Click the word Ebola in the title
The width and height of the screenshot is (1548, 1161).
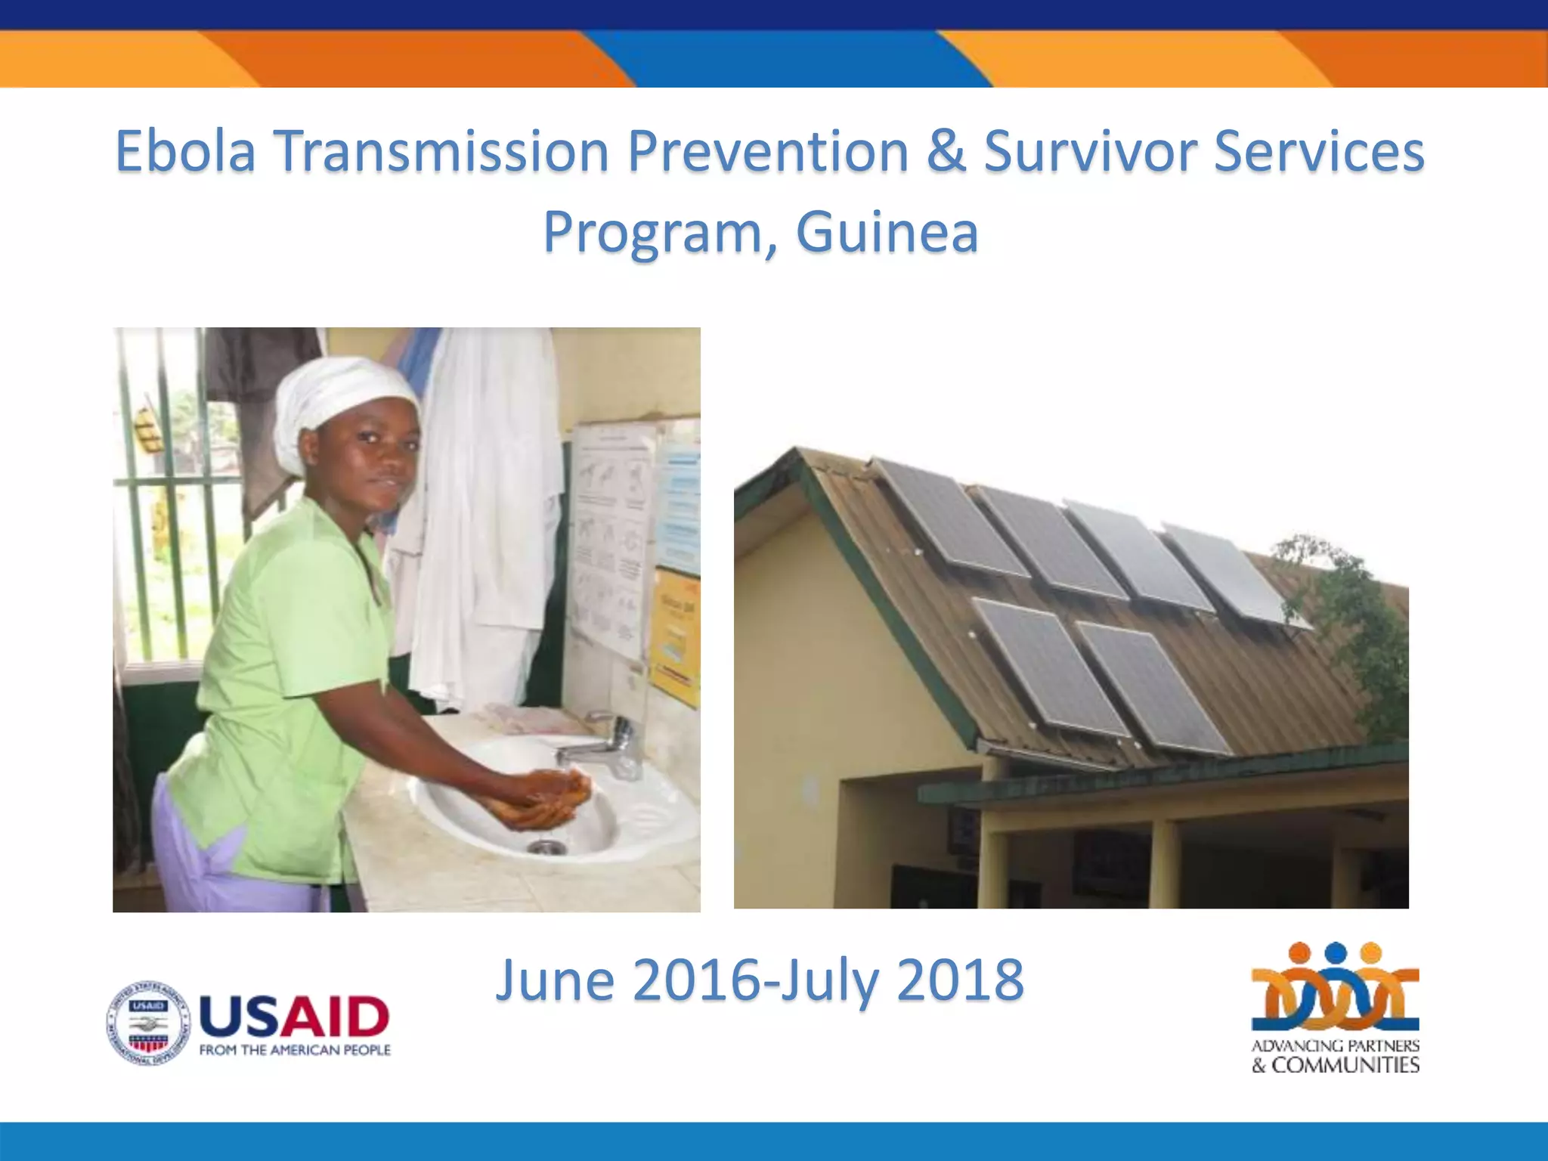pyautogui.click(x=185, y=151)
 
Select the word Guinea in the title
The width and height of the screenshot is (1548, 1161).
pyautogui.click(x=887, y=232)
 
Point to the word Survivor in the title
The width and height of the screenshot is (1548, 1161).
pyautogui.click(x=1089, y=151)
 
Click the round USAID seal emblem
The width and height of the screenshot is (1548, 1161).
pyautogui.click(x=148, y=1023)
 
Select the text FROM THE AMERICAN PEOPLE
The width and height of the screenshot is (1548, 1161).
pyautogui.click(x=295, y=1051)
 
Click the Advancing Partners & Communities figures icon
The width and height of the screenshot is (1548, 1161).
pyautogui.click(x=1335, y=987)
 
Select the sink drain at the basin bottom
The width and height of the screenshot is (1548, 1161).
pyautogui.click(x=546, y=847)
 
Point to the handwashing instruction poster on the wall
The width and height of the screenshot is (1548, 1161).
pyautogui.click(x=611, y=537)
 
